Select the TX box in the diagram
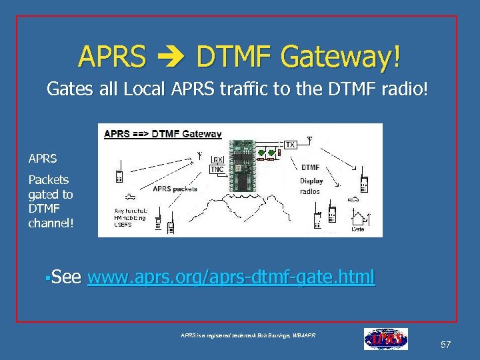pos(290,145)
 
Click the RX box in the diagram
pos(218,159)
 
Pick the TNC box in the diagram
pos(218,169)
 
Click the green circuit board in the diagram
pos(243,160)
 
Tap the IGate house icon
pos(357,217)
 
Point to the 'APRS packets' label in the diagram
pos(175,189)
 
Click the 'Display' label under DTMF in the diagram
pos(311,181)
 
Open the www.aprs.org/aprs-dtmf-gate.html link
pos(231,277)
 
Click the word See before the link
pos(66,277)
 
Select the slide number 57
pos(445,345)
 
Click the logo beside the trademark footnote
pos(385,339)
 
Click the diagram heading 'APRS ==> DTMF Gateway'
pos(163,133)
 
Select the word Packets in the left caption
pos(48,180)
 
